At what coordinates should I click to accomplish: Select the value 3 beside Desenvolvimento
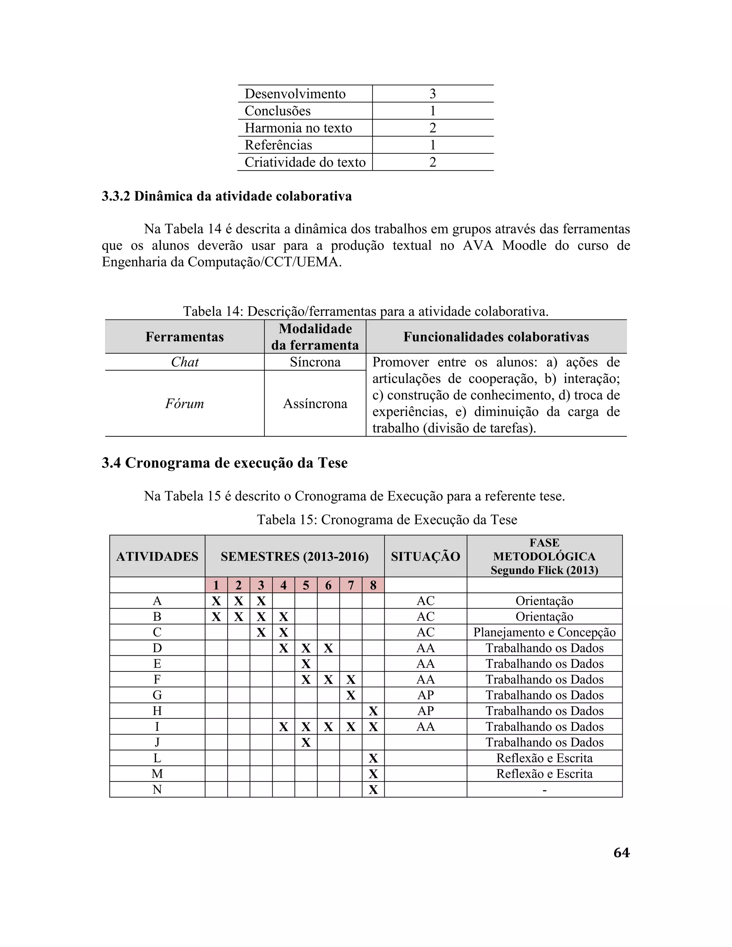pyautogui.click(x=432, y=94)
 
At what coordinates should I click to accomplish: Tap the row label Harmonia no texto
pyautogui.click(x=298, y=128)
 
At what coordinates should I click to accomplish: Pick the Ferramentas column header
pyautogui.click(x=184, y=337)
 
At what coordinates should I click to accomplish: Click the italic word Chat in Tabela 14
pyautogui.click(x=185, y=362)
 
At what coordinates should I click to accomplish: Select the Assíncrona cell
pyautogui.click(x=315, y=404)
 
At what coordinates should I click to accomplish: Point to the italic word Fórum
pyautogui.click(x=184, y=404)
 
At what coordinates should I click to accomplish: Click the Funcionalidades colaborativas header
pyautogui.click(x=496, y=337)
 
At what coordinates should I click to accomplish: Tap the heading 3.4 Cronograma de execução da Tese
pyautogui.click(x=224, y=463)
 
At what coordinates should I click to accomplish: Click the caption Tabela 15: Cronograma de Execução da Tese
pyautogui.click(x=387, y=520)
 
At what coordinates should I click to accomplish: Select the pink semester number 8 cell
pyautogui.click(x=373, y=585)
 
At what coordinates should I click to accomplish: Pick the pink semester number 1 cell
pyautogui.click(x=216, y=585)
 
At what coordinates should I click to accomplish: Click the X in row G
pyautogui.click(x=351, y=695)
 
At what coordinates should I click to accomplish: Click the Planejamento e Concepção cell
pyautogui.click(x=544, y=632)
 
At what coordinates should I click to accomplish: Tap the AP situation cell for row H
pyautogui.click(x=425, y=711)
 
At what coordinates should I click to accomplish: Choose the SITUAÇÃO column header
pyautogui.click(x=425, y=556)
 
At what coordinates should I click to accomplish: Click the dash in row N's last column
pyautogui.click(x=544, y=790)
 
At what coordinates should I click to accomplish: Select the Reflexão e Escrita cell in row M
pyautogui.click(x=544, y=774)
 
